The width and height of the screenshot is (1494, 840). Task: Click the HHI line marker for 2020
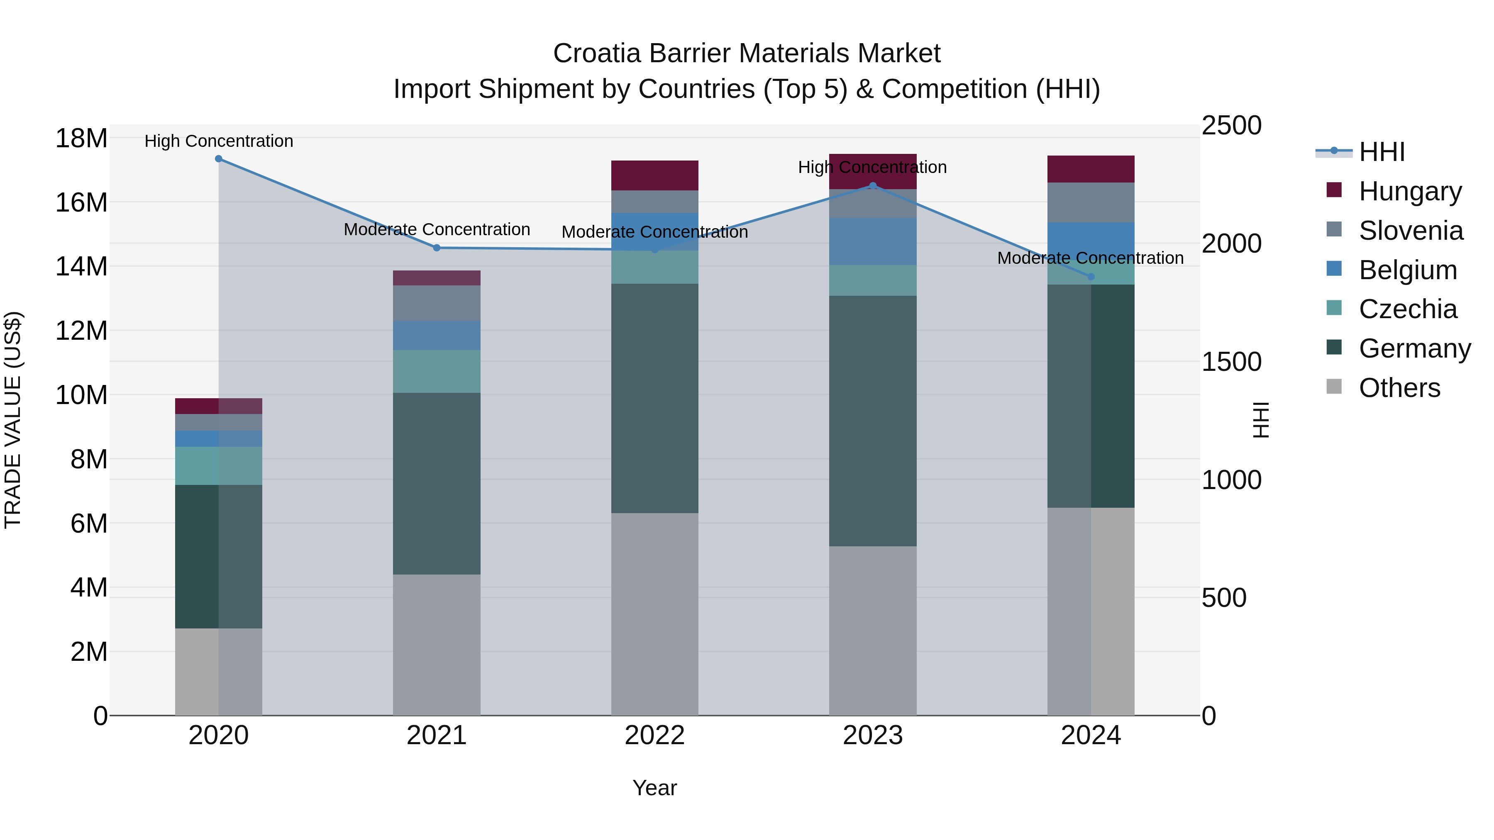[219, 159]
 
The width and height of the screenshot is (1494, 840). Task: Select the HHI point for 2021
[437, 248]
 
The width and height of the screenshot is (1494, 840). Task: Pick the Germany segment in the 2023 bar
[872, 421]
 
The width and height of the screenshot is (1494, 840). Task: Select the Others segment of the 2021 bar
[437, 645]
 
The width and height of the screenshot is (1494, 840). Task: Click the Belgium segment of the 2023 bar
[872, 241]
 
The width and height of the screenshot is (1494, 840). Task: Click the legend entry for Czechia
[1407, 309]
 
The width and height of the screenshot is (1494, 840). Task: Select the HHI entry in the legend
[1382, 152]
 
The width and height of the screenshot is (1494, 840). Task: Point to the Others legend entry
[1399, 388]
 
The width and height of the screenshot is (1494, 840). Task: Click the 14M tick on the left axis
[81, 267]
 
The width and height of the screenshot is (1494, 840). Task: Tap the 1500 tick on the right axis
[1231, 362]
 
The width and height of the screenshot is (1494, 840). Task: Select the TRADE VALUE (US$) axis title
[13, 420]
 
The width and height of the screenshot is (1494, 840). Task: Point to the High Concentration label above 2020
[219, 141]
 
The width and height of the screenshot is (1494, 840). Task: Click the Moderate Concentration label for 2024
[1090, 258]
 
